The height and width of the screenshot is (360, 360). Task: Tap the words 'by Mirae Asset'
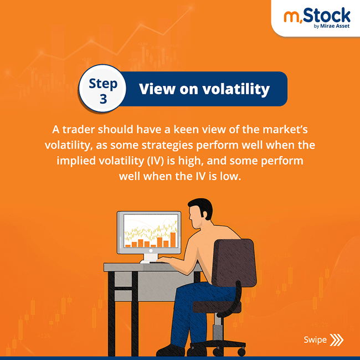click(x=331, y=25)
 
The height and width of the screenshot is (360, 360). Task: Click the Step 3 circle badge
click(x=103, y=89)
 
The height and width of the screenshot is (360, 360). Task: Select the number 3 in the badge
click(x=103, y=99)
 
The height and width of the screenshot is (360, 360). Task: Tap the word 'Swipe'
click(x=315, y=340)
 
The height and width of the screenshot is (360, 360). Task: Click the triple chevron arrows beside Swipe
click(x=336, y=340)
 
